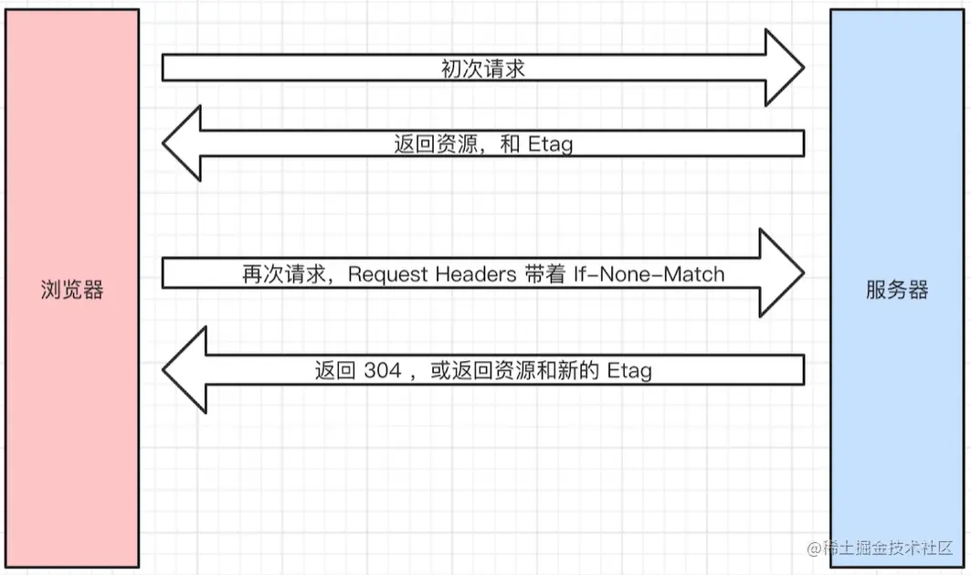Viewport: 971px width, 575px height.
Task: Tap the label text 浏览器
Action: (x=73, y=291)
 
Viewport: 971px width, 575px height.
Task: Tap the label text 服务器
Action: (x=897, y=291)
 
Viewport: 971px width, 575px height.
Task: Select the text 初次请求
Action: (x=483, y=69)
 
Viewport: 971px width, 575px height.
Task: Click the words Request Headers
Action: (x=420, y=274)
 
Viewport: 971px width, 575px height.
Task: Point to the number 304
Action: (x=382, y=370)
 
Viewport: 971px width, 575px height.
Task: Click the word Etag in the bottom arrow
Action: (x=629, y=370)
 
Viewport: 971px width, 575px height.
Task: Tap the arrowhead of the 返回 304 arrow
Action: (x=186, y=369)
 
